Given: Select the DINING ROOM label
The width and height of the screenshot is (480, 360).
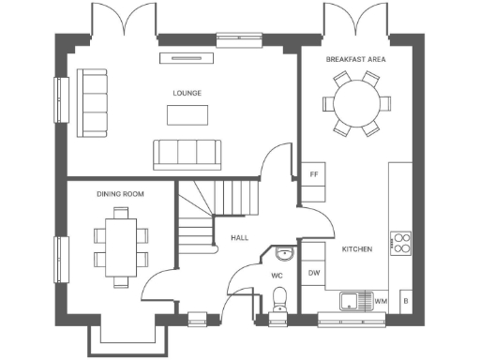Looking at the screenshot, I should pyautogui.click(x=120, y=193).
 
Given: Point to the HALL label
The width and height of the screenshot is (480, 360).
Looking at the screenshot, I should pyautogui.click(x=240, y=238).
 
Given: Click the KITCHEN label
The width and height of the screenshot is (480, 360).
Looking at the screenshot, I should pyautogui.click(x=357, y=249).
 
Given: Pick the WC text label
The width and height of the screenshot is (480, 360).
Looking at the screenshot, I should pyautogui.click(x=277, y=276).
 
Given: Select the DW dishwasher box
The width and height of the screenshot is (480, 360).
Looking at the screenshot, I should pyautogui.click(x=314, y=273).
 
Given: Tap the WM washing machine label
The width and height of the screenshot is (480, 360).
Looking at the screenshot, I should pyautogui.click(x=380, y=301).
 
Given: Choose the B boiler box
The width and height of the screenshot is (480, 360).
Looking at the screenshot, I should pyautogui.click(x=405, y=301).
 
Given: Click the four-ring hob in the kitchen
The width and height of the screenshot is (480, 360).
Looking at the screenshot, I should pyautogui.click(x=401, y=243).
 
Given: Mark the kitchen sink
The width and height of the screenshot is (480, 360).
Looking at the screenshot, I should pyautogui.click(x=352, y=301).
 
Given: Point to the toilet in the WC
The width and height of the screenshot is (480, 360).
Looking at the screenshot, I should pyautogui.click(x=278, y=299).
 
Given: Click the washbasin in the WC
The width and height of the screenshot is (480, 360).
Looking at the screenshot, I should pyautogui.click(x=285, y=253).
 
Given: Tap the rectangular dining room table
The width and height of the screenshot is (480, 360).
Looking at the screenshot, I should pyautogui.click(x=121, y=245).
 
